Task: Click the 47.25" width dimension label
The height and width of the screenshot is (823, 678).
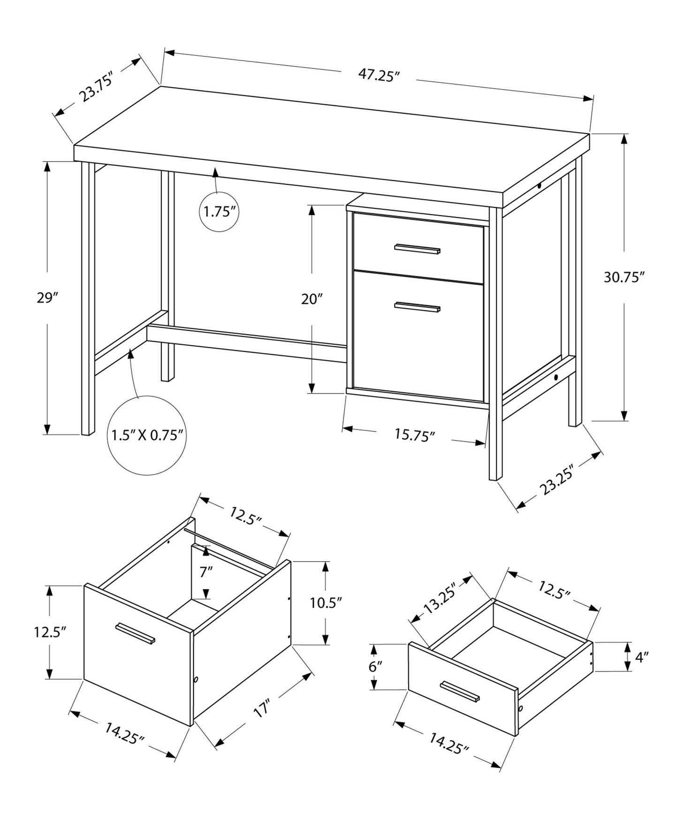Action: coord(378,75)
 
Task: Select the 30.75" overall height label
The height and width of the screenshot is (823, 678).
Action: coord(622,277)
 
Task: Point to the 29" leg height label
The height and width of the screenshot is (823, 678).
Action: coord(47,297)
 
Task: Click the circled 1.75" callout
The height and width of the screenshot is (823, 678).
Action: coord(219,212)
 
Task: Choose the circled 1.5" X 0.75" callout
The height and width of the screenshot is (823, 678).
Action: coord(146,435)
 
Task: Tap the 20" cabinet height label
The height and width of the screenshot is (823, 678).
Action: coord(312,299)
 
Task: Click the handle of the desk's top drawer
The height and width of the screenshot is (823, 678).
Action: coord(417,249)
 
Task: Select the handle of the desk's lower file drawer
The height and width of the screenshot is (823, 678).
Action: coord(417,307)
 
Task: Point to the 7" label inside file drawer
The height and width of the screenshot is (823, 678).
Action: coord(206,572)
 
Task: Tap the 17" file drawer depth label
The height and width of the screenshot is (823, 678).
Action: coord(263,709)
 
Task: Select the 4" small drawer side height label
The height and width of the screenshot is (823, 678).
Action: coord(641,657)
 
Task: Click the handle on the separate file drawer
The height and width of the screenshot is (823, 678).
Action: coord(136,633)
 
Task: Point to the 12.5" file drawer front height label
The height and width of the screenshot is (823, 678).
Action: coord(49,632)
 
